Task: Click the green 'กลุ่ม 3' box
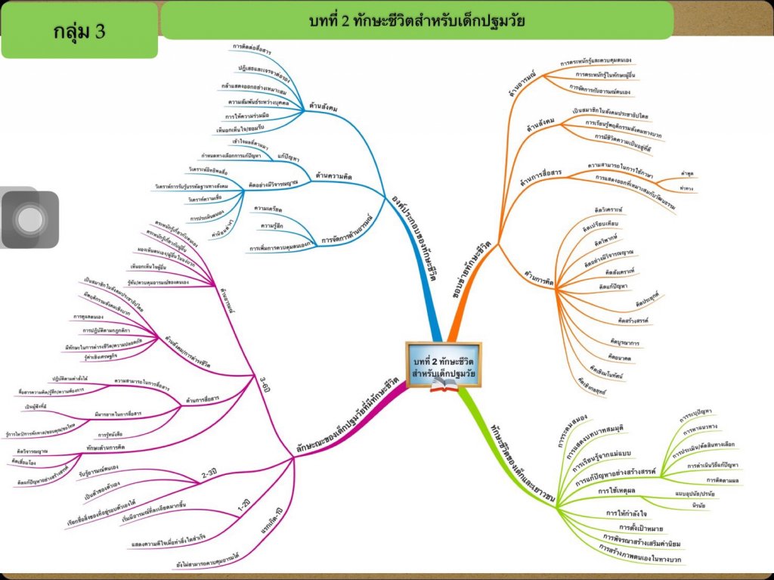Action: tap(79, 31)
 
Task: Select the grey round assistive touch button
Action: tap(30, 219)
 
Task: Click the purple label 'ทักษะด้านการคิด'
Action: tap(105, 448)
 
